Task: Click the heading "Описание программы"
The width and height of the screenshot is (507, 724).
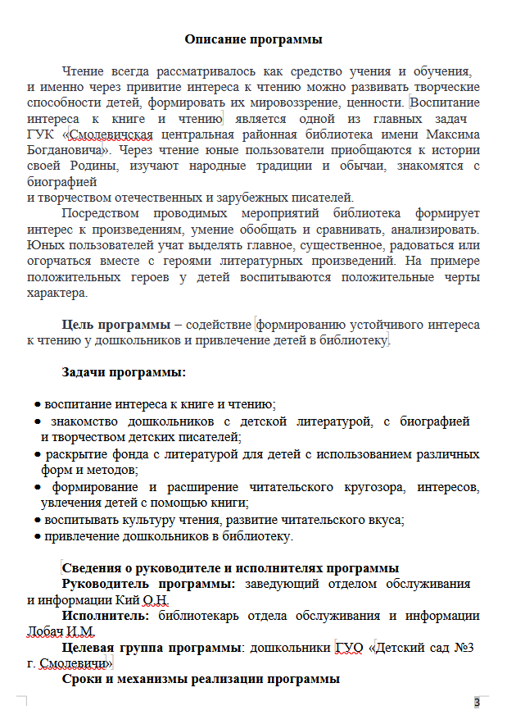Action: click(x=253, y=39)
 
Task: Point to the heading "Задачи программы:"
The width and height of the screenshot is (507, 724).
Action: click(x=124, y=372)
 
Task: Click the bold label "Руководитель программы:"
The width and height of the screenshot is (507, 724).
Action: click(x=149, y=584)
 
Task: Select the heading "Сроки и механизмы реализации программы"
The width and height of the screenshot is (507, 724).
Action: click(x=201, y=680)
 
